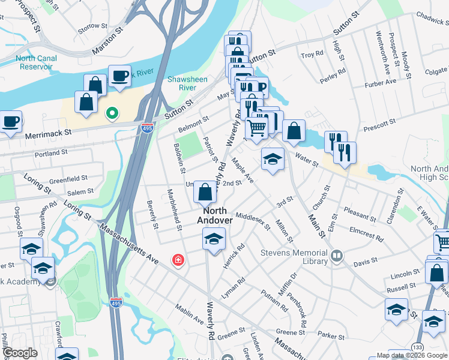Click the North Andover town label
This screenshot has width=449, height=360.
point(214,215)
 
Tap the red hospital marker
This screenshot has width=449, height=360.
point(178,260)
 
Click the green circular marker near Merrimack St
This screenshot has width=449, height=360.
point(111,112)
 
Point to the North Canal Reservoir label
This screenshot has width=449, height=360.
point(42,62)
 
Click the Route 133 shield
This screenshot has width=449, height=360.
point(417,349)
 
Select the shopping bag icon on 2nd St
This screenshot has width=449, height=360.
point(205,192)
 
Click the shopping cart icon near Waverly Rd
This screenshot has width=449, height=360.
point(257,127)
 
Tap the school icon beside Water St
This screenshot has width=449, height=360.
point(273,159)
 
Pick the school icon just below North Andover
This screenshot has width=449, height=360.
point(214,239)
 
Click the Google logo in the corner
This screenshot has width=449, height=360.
point(20,353)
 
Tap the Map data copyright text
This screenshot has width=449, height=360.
point(412,355)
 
